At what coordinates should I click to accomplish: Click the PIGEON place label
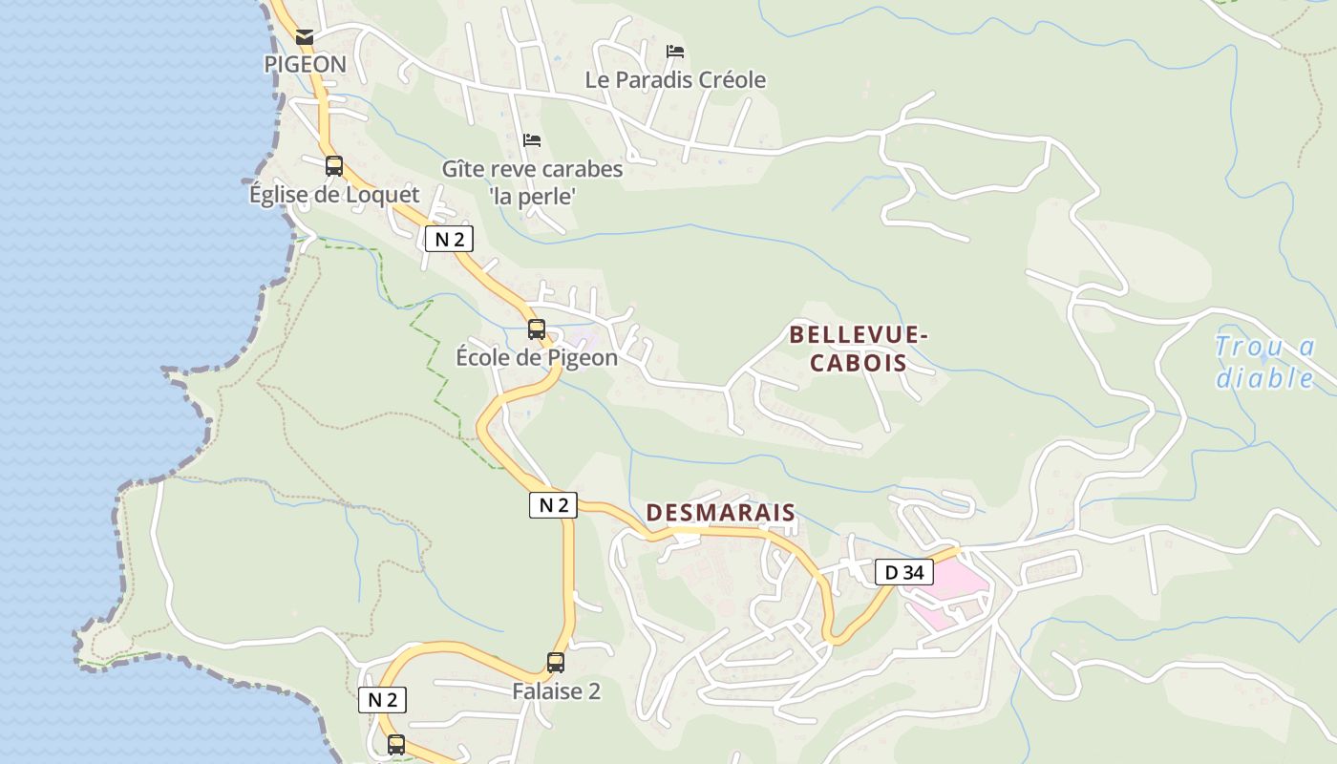[x=305, y=64]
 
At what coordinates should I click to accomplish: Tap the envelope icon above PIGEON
[x=305, y=37]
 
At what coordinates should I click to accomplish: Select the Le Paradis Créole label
[x=675, y=80]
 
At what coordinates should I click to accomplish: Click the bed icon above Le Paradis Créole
[x=675, y=51]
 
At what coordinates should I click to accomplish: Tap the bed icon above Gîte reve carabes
[x=532, y=140]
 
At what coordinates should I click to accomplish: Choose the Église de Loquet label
[x=334, y=195]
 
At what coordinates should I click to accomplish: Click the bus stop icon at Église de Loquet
[x=334, y=166]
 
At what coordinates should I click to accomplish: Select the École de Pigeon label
[x=537, y=358]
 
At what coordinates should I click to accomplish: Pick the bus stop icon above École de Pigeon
[x=537, y=329]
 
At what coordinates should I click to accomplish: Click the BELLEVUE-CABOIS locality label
[x=858, y=349]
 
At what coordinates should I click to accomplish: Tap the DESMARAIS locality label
[x=720, y=513]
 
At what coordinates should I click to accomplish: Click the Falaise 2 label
[x=556, y=691]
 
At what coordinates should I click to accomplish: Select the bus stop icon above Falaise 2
[x=556, y=662]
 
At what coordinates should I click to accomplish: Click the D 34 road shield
[x=904, y=572]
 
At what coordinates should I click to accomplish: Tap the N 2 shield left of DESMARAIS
[x=553, y=505]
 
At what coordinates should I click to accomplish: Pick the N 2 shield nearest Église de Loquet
[x=449, y=239]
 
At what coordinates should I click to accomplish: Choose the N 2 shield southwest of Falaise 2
[x=382, y=700]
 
